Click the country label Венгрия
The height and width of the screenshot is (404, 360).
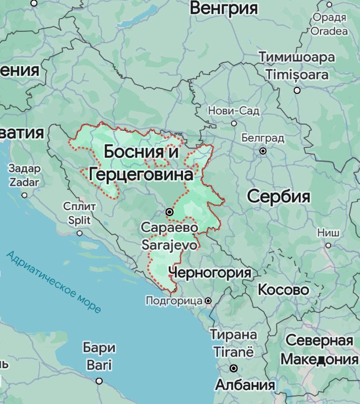(x=223, y=8)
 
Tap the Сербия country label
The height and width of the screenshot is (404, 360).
(x=279, y=196)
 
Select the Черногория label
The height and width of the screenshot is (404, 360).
(x=210, y=273)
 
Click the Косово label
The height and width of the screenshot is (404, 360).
(x=283, y=290)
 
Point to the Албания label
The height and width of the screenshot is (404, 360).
(x=245, y=385)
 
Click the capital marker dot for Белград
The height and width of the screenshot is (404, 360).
(x=263, y=151)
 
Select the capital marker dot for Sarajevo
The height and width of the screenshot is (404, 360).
(x=170, y=212)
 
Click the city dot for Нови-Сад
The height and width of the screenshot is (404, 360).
(x=234, y=123)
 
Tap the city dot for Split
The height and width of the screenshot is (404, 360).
(x=79, y=233)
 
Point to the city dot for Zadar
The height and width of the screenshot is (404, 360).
(x=24, y=195)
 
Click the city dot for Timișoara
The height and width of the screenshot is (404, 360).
(x=297, y=90)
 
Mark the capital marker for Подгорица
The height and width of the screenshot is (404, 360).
(x=208, y=301)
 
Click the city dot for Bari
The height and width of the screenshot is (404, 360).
(x=99, y=381)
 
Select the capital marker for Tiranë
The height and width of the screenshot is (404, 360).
(x=234, y=368)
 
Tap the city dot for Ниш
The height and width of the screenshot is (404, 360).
(x=328, y=245)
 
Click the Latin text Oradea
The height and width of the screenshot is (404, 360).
(x=329, y=31)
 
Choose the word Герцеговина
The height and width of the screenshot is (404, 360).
(x=141, y=175)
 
